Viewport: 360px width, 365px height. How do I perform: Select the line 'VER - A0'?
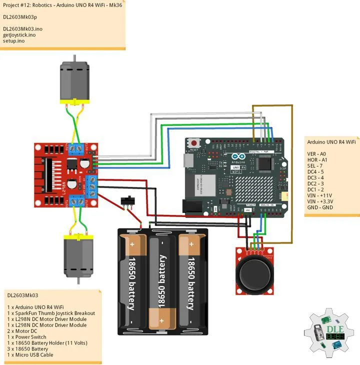click(x=316, y=153)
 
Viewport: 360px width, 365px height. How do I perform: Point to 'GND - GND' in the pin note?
click(x=319, y=207)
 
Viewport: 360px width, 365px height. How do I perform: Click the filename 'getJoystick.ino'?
click(x=19, y=35)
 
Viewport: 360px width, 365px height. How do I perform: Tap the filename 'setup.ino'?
click(x=13, y=41)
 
